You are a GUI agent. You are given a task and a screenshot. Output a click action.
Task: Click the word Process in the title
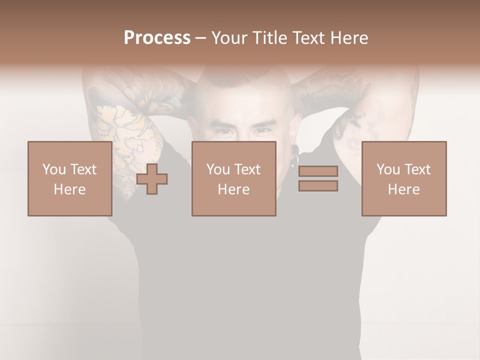click(x=157, y=38)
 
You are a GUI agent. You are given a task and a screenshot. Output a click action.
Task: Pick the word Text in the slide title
click(x=307, y=38)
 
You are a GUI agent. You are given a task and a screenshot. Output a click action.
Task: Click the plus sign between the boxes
click(x=152, y=179)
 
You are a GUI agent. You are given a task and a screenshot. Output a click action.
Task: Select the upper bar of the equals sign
click(x=318, y=171)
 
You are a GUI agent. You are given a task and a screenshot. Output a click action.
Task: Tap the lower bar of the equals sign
click(x=318, y=186)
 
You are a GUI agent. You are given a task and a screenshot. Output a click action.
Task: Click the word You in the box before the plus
click(x=54, y=169)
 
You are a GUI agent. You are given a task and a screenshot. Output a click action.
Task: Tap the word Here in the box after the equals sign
click(x=403, y=189)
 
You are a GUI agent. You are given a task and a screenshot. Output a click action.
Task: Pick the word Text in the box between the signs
click(x=247, y=169)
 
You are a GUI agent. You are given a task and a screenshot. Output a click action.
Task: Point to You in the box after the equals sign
click(x=388, y=169)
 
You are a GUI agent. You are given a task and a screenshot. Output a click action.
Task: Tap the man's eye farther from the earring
click(x=224, y=132)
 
